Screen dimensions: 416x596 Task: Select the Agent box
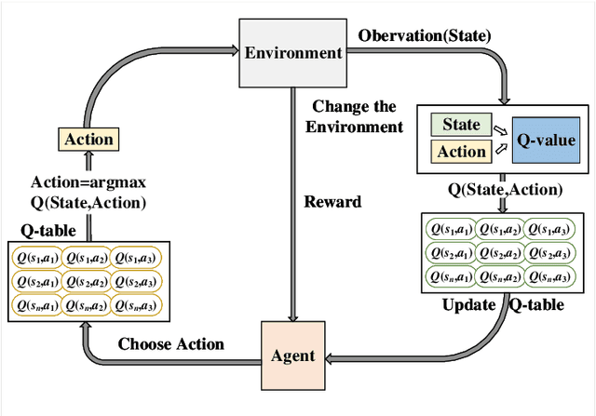(291, 355)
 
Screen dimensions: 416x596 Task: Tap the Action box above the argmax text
(89, 140)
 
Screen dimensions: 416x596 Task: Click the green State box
(462, 125)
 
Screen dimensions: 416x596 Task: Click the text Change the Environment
(358, 116)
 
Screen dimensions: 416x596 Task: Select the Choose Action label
(170, 343)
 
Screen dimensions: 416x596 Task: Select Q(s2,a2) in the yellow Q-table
(85, 281)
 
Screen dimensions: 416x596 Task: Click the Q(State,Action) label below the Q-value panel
(505, 191)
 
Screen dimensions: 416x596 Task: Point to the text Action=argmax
(90, 181)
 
